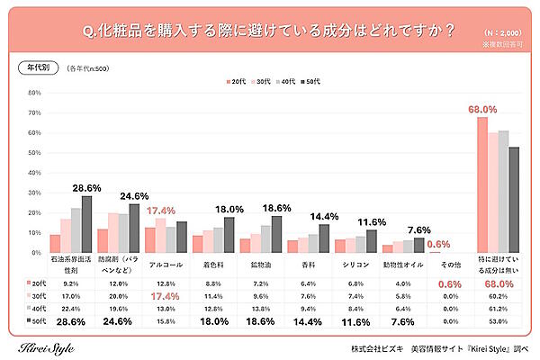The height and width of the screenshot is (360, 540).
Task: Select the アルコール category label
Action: point(166,265)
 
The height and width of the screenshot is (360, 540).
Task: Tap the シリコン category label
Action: point(354,265)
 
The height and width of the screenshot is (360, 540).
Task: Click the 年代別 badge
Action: point(35,68)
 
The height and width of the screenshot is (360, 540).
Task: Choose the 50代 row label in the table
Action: point(33,319)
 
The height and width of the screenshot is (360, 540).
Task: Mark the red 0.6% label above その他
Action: point(438,243)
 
